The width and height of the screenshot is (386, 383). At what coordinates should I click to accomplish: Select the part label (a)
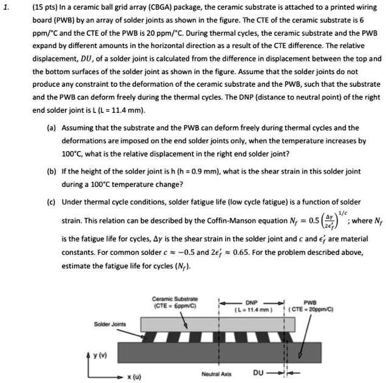click(51, 128)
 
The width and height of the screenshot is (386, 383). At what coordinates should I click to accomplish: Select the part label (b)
click(51, 172)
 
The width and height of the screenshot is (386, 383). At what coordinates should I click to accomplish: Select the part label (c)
click(51, 202)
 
